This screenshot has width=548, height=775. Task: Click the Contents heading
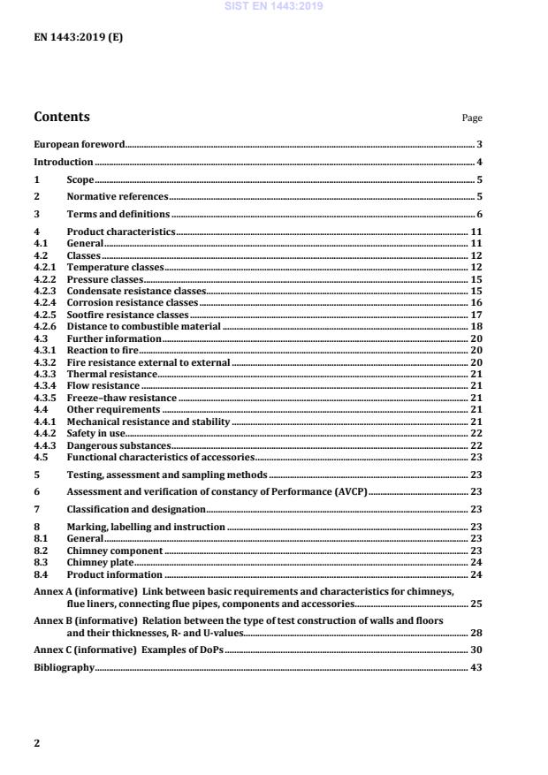point(61,117)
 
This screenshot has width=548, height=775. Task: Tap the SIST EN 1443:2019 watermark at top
point(273,6)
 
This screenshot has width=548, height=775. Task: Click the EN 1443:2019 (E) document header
point(78,38)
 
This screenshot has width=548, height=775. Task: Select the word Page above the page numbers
point(472,118)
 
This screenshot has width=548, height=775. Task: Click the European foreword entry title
point(79,144)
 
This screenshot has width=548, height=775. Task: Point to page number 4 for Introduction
point(479,163)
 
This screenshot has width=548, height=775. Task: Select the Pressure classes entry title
point(105,279)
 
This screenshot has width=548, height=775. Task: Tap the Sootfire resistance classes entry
point(127,315)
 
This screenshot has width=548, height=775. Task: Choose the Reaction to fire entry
point(103,351)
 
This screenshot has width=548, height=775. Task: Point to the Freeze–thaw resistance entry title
point(121,399)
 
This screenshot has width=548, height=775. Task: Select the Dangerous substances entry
point(118,446)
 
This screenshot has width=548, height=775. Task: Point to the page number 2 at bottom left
point(36,743)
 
